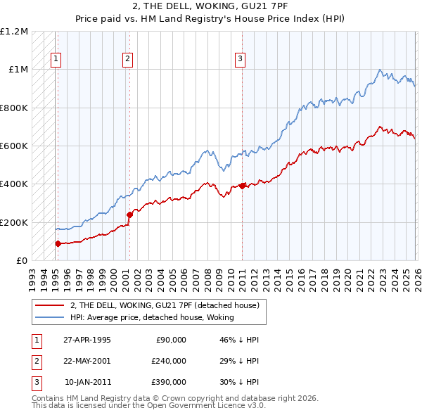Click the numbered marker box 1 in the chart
pos(55,60)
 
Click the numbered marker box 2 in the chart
pos(127,60)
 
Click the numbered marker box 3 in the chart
pos(240,60)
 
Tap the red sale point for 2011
pos(242,186)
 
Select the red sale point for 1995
pos(58,243)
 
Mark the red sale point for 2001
pos(129,215)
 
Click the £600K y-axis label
pos(14,146)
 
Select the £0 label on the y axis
pos(21,261)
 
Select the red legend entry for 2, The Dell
pos(165,305)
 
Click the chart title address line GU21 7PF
pos(211,6)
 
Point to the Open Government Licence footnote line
pos(148,407)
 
